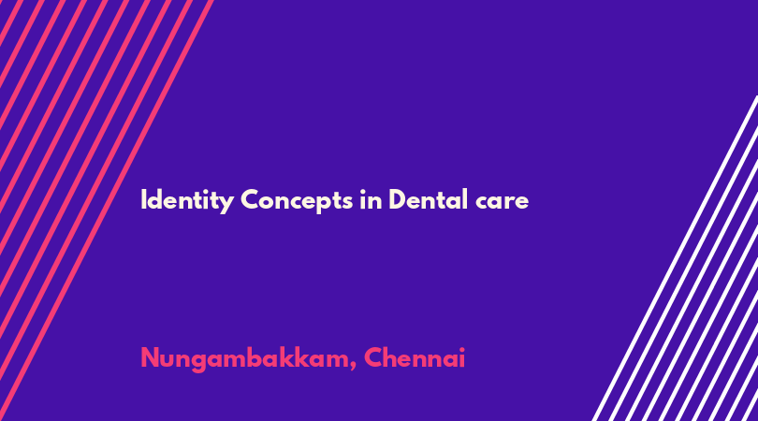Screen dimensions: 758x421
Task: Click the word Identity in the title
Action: (187, 200)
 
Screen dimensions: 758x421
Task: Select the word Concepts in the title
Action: (297, 200)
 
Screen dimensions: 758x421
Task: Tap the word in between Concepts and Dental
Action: (371, 199)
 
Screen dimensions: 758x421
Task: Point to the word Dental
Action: (428, 199)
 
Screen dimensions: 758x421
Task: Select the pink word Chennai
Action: (415, 358)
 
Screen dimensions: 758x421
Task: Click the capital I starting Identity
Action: (143, 199)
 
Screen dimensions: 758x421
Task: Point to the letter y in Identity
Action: (227, 204)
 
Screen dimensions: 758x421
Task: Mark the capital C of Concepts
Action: (251, 199)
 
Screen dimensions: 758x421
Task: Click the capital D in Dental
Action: (398, 199)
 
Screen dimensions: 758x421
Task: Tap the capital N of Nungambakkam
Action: (151, 358)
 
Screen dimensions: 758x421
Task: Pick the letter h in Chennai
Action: (392, 358)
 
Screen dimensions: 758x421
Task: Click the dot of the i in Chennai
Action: (461, 350)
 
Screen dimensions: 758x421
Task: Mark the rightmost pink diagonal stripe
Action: (107, 210)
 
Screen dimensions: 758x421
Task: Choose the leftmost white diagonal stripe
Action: (676, 258)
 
